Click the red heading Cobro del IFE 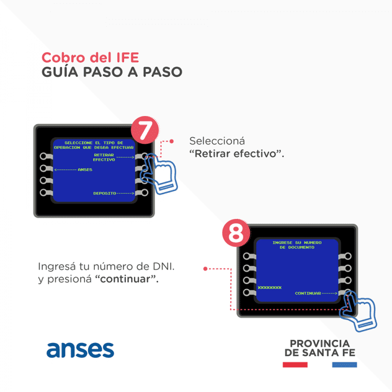click(90, 58)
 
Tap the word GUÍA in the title click(60, 72)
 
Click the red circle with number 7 click(145, 130)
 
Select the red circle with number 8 click(236, 233)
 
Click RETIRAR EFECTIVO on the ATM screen click(104, 157)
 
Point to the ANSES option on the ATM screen click(85, 169)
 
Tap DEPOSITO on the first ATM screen click(105, 193)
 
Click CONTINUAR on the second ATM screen click(308, 293)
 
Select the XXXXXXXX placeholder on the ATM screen click(269, 287)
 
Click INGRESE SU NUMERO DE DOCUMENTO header click(297, 245)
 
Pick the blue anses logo click(80, 350)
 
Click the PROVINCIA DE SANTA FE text click(320, 348)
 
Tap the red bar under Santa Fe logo click(295, 365)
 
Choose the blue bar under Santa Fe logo click(345, 365)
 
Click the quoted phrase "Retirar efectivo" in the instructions click(237, 154)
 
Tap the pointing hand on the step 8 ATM click(359, 311)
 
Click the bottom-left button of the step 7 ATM click(44, 193)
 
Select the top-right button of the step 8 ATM click(347, 256)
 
